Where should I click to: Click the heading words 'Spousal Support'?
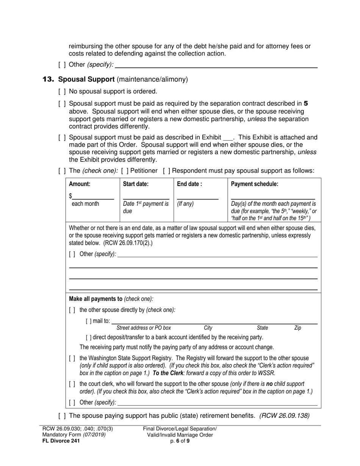[86, 80]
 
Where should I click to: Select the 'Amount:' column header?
[80, 184]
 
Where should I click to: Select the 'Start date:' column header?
[136, 184]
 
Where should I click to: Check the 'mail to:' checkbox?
[88, 321]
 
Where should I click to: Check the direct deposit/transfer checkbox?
[88, 337]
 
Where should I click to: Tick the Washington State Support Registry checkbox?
[72, 358]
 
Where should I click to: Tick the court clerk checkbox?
[72, 384]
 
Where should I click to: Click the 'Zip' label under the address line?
[297, 328]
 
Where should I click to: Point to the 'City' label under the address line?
[208, 328]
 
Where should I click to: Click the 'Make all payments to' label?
[95, 299]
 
